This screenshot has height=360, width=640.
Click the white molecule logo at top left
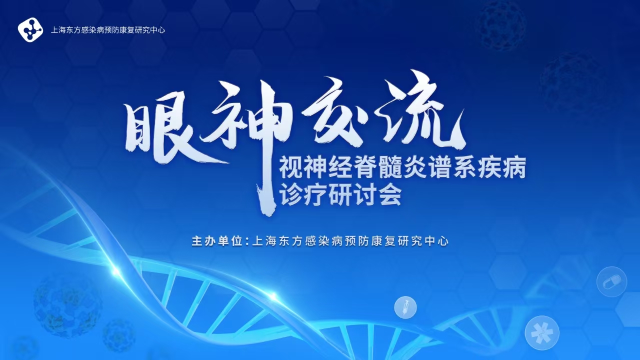(30, 29)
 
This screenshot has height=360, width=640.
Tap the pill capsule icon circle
(611, 282)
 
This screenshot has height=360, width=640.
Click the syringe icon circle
(405, 307)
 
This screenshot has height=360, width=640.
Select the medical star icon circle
(542, 333)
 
